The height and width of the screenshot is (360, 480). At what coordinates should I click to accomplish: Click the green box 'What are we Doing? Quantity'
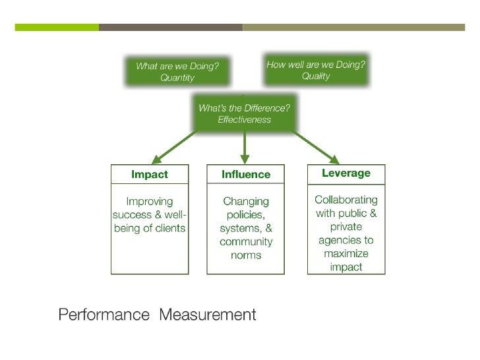pos(177,72)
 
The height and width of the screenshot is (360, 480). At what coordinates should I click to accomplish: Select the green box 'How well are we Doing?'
pos(316,70)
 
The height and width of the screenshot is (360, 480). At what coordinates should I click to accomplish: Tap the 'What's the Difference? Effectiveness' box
pos(245,113)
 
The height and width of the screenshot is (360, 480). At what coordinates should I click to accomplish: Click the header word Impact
pos(150,175)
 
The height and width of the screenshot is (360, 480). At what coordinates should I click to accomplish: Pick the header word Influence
pos(246,175)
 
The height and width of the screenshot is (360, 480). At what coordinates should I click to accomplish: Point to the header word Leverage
pos(346,173)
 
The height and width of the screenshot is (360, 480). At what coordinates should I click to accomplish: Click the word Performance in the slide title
pos(104,315)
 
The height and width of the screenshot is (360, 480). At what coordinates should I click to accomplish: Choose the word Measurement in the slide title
pos(207,315)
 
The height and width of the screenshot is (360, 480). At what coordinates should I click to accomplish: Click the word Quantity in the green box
pos(177,78)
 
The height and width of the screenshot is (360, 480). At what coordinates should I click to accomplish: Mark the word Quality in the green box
pos(316,76)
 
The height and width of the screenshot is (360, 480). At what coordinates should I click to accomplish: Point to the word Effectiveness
pos(245,119)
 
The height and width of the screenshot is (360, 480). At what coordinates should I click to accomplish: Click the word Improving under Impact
pos(150,201)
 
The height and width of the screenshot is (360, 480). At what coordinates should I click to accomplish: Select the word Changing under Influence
pos(246,201)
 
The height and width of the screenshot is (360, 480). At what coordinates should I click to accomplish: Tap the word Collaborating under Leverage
pos(346,199)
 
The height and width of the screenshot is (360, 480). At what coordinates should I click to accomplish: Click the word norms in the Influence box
pos(246,255)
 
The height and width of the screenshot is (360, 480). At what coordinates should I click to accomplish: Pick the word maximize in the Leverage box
pos(346,254)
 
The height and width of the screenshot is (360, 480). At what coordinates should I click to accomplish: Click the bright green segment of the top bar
pos(57,28)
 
